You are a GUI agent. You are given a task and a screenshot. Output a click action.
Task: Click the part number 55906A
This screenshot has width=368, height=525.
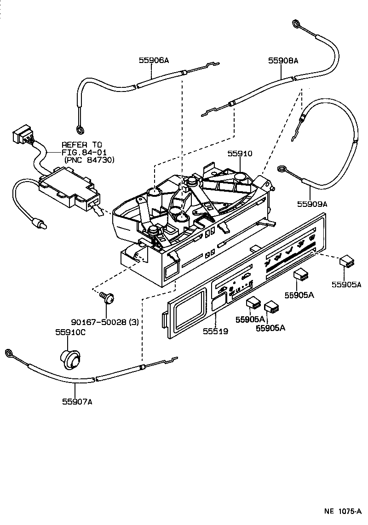pos(154,60)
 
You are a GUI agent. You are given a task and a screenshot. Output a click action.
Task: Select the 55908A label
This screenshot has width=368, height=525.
pos(283,60)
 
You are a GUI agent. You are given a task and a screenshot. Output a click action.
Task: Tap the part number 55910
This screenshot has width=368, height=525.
pos(239,154)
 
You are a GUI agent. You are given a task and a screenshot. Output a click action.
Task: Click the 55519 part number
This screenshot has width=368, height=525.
pos(215,331)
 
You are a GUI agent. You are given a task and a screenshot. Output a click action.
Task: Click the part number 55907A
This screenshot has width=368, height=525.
pos(77,401)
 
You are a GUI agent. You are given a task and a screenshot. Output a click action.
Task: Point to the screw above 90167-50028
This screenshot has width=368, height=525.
pos(109,299)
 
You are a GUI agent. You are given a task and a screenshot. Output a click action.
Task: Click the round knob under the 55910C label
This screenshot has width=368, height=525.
pos(70,359)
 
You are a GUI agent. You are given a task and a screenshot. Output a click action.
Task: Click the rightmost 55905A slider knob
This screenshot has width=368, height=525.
pos(346,262)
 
